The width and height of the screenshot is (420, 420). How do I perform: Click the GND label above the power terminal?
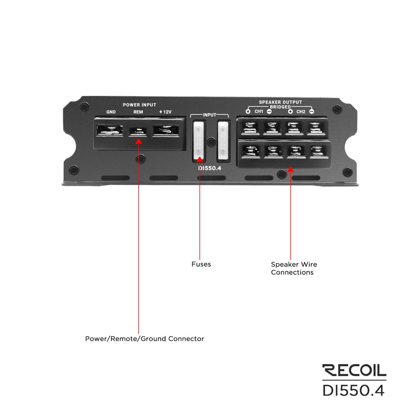[x=111, y=112]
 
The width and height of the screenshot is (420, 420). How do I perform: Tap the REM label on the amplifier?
[x=138, y=112]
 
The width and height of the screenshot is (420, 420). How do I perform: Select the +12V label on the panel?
[x=165, y=112]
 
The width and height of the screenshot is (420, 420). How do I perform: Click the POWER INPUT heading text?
[x=139, y=105]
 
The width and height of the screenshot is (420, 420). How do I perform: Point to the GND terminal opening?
[x=110, y=130]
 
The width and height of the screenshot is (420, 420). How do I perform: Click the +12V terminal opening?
[x=166, y=131]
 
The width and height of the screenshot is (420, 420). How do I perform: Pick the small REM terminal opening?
[x=138, y=131]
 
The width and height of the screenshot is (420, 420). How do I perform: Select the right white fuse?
[x=223, y=140]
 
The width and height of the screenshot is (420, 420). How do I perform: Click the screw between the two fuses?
[x=211, y=142]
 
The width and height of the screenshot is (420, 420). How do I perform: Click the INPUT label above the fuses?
[x=210, y=115]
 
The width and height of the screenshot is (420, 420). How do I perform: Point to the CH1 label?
[x=259, y=112]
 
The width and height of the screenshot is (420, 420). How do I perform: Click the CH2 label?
[x=301, y=112]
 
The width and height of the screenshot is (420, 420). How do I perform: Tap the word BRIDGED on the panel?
[x=280, y=107]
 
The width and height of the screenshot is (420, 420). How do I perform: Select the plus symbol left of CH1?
[x=248, y=112]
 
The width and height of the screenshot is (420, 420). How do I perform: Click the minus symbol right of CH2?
[x=312, y=112]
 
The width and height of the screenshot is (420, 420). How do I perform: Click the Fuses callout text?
[x=201, y=264]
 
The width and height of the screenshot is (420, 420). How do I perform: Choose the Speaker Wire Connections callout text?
[x=294, y=268]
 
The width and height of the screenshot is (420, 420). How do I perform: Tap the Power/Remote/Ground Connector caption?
[x=145, y=339]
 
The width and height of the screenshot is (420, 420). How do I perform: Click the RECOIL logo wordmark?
[x=354, y=370]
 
